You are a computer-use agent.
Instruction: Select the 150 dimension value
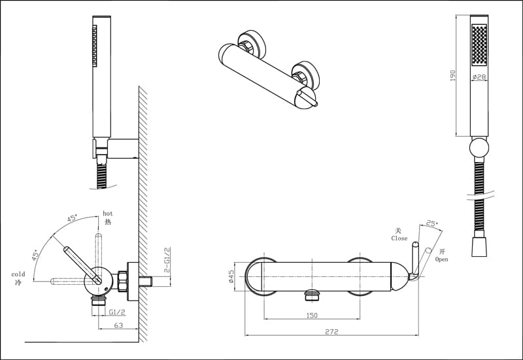pos(312,316)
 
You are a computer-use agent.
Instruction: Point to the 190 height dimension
pos(453,76)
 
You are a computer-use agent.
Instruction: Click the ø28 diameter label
pos(479,78)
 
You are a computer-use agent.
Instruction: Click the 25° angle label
pos(431,224)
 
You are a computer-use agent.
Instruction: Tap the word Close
pos(399,238)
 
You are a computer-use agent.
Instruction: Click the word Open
pos(441,259)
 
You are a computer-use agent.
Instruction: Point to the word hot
pos(108,214)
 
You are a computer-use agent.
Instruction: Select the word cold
pos(18,274)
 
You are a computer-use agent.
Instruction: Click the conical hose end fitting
pos(480,247)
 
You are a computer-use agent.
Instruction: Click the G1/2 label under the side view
pos(118,312)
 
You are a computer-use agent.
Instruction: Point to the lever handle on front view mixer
pos(415,261)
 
